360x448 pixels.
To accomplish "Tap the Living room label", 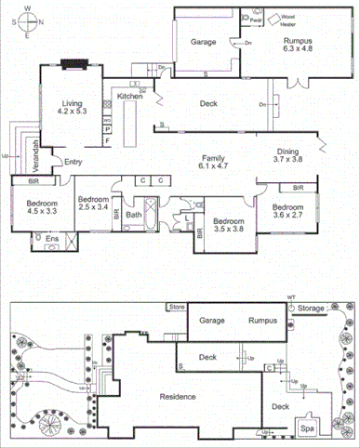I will click(71, 106).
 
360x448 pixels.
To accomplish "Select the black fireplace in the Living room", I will click(72, 64).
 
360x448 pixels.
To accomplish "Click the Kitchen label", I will click(128, 96).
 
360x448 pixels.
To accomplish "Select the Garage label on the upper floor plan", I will click(204, 43).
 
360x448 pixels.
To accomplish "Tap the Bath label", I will click(134, 215).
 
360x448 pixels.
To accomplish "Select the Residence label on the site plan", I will click(176, 397).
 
